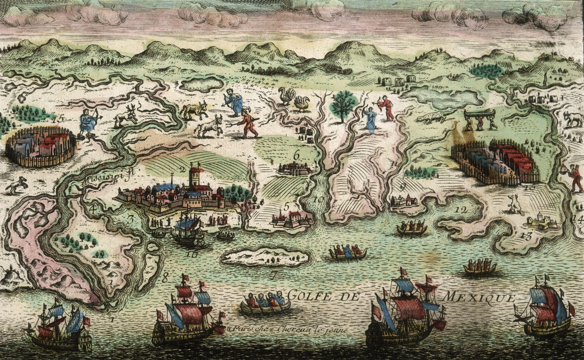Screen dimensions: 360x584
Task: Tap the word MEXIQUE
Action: (479, 297)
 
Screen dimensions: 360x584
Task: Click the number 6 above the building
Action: (296, 155)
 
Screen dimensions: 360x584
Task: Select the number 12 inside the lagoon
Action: (462, 210)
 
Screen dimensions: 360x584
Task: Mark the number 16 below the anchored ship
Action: (192, 254)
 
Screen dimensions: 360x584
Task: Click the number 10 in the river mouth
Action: (319, 200)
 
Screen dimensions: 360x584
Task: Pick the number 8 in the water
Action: (165, 277)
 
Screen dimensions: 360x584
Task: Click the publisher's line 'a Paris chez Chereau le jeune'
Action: (287, 329)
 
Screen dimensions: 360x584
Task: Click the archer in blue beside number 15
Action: (88, 122)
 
